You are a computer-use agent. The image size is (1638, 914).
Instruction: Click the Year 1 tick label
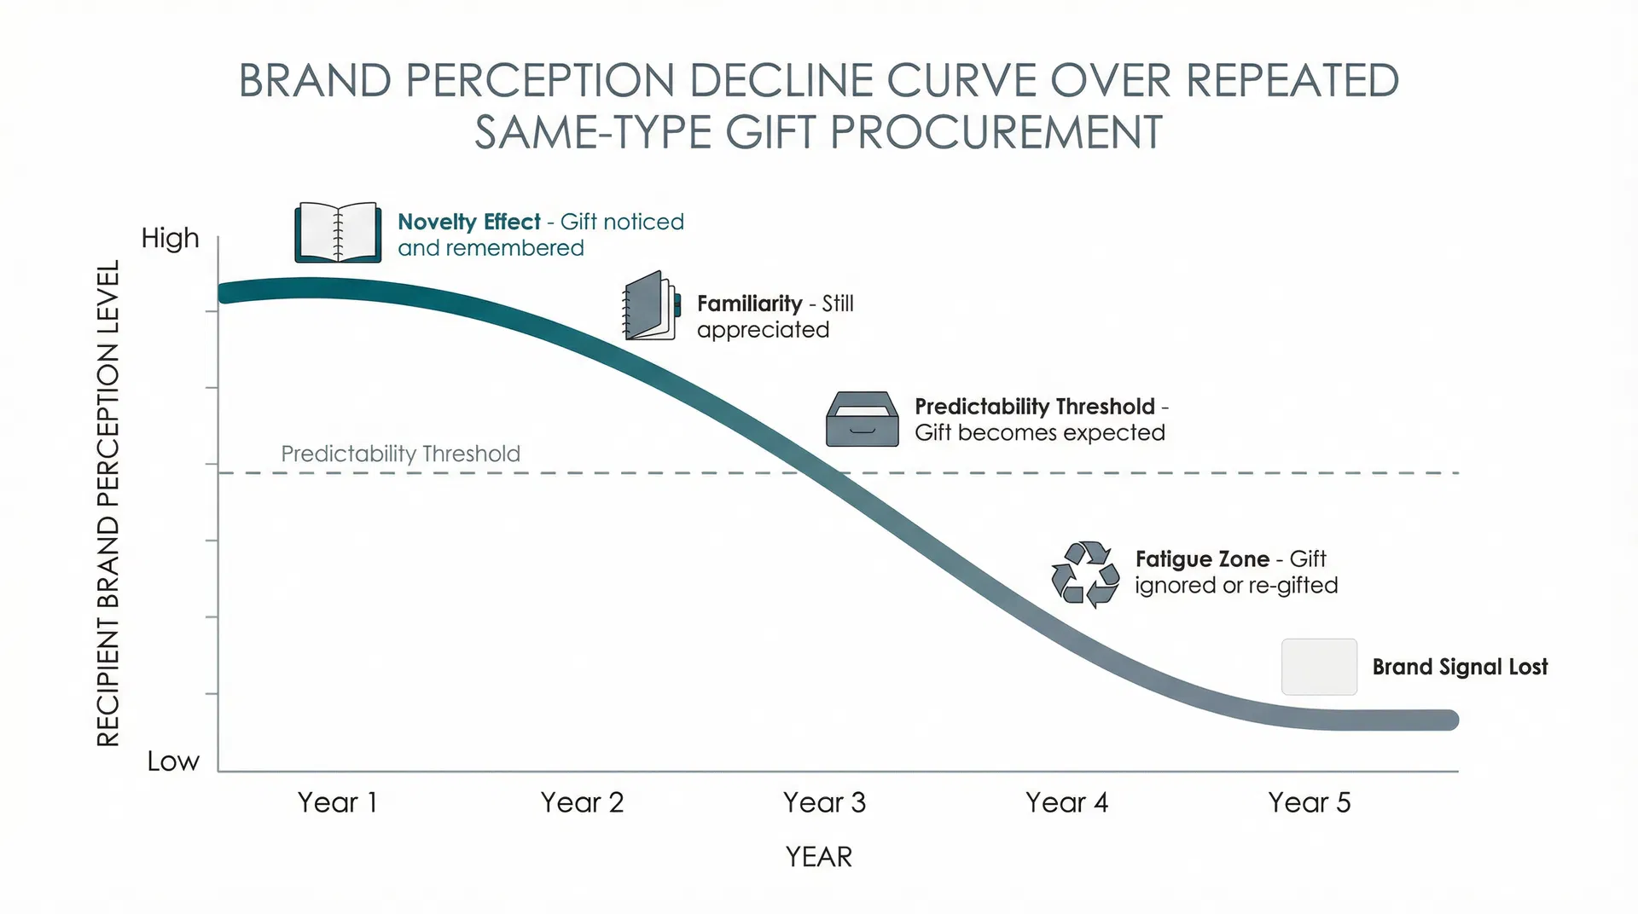337,802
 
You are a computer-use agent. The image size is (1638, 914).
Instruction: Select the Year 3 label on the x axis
824,802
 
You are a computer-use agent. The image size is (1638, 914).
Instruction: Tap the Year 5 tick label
1309,802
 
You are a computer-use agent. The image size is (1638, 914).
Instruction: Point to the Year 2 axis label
582,802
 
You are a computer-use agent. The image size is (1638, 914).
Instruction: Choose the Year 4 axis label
1066,802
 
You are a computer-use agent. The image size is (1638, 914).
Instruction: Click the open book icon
338,232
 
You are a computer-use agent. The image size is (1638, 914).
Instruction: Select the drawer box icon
862,419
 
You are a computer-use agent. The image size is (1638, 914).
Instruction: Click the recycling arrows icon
1085,574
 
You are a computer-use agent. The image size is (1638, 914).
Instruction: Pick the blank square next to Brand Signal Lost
1319,667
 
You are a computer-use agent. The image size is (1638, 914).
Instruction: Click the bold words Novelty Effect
469,222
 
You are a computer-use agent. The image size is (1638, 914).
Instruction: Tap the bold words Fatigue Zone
1202,559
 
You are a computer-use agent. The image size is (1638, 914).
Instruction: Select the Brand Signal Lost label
1460,667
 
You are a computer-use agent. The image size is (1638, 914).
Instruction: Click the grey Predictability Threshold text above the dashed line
400,454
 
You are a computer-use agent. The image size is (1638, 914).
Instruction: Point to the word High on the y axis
170,238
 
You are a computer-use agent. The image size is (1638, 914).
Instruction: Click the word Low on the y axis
173,761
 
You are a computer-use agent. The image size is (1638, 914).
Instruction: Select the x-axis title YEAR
818,857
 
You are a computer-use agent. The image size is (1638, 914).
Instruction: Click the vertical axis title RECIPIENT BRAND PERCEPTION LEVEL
108,503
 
